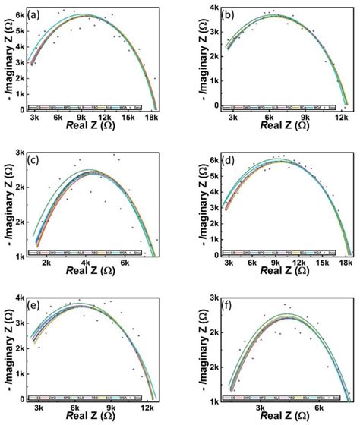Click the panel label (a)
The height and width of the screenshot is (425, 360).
coord(36,14)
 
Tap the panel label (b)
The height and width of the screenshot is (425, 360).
coord(226,14)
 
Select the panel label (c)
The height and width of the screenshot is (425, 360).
coord(36,161)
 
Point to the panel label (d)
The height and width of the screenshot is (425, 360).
coord(226,161)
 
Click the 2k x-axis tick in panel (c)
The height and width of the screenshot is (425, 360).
coord(48,264)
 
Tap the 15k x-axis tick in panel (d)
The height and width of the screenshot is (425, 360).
coord(322,264)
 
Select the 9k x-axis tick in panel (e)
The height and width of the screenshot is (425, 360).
coord(111,408)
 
